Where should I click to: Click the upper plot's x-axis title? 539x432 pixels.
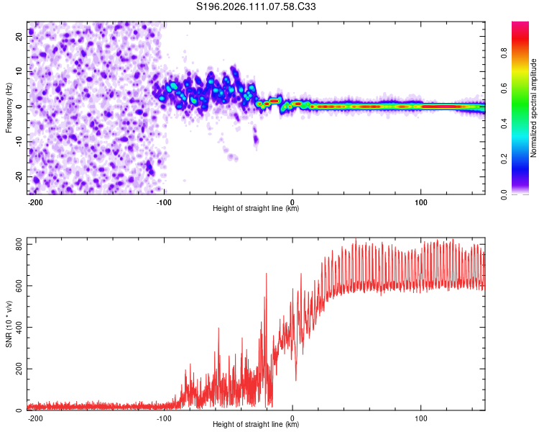[256, 208]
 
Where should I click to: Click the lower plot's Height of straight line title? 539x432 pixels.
[256, 424]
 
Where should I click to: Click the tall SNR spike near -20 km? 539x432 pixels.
[267, 274]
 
